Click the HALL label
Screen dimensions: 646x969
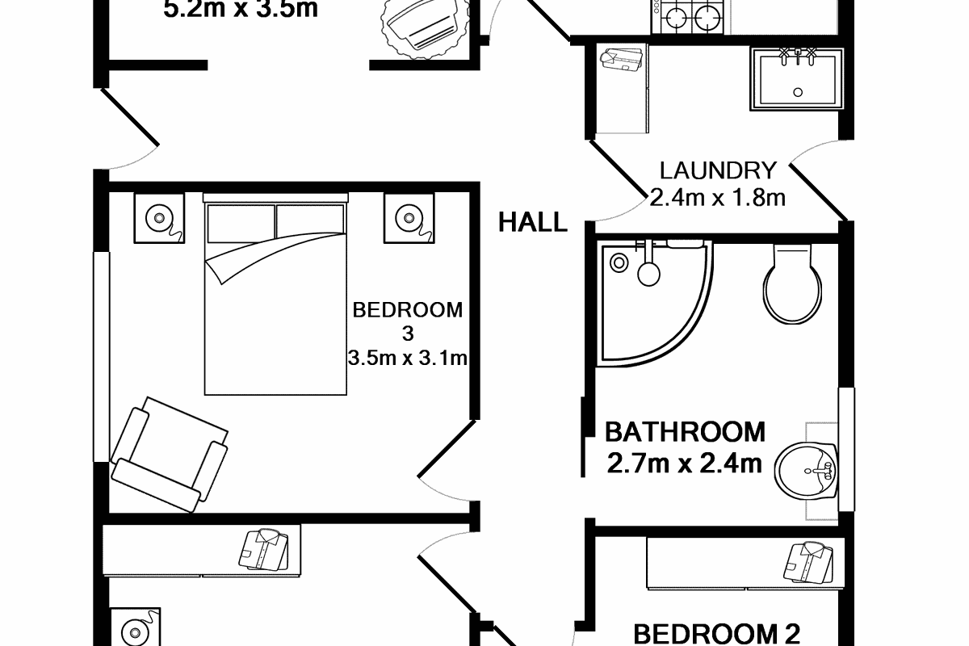[x=532, y=221]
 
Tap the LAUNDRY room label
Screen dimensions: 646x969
[x=718, y=171]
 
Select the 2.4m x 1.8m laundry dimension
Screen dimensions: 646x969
[x=718, y=197]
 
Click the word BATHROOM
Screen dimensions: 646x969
[x=685, y=432]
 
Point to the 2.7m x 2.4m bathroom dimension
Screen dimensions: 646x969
[x=685, y=463]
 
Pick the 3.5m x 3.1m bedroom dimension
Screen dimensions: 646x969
[x=408, y=357]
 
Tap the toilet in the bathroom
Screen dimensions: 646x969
[x=792, y=283]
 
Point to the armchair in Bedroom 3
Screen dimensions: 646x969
[x=170, y=452]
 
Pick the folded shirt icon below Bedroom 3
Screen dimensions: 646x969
[x=262, y=552]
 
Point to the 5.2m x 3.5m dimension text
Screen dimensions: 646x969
[x=240, y=10]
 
